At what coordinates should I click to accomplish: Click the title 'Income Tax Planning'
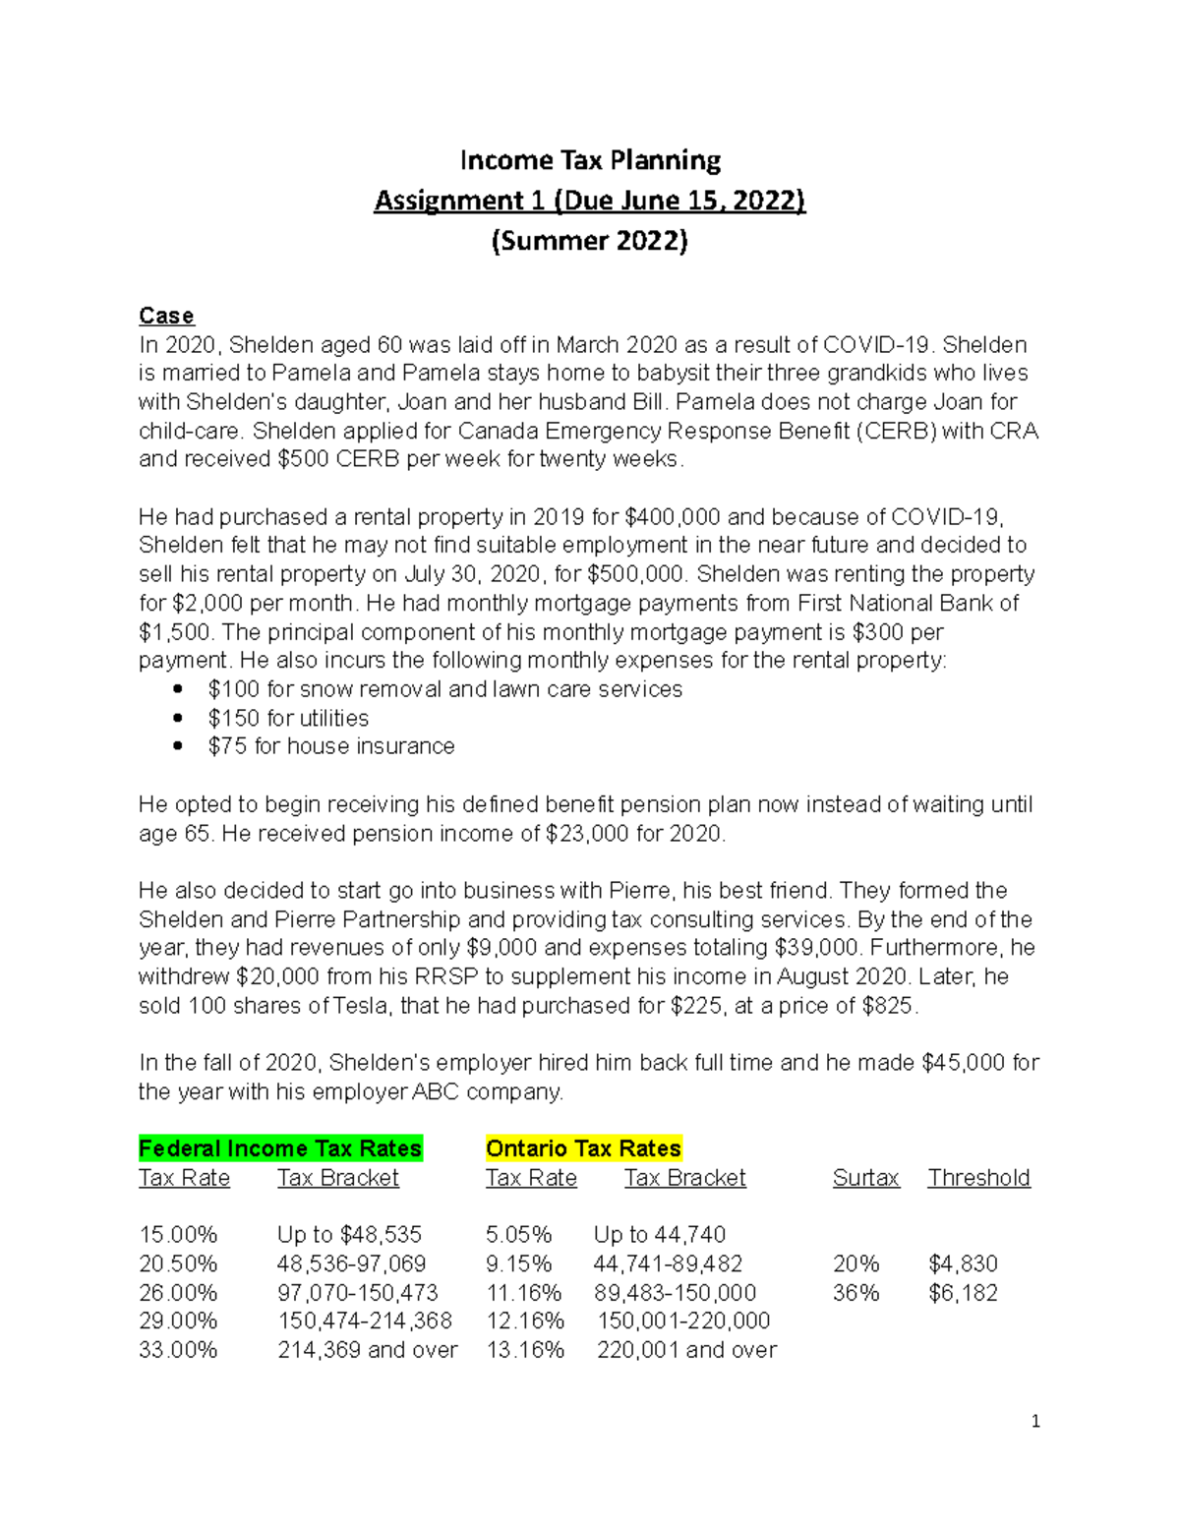point(590,160)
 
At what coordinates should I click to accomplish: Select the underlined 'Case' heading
point(166,316)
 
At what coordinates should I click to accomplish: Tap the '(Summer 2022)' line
point(590,241)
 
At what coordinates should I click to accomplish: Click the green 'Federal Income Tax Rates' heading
point(280,1148)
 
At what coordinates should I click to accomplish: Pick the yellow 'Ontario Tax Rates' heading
point(583,1148)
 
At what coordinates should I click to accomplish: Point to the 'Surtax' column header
point(865,1178)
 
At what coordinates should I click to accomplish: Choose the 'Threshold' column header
point(978,1178)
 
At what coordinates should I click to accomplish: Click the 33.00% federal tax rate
point(178,1350)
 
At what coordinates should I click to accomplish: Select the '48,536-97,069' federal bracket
point(351,1263)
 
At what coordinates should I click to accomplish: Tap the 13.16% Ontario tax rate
point(525,1350)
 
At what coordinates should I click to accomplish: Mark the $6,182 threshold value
point(963,1293)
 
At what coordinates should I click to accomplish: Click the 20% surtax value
point(855,1263)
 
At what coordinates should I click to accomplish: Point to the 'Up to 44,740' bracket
point(659,1235)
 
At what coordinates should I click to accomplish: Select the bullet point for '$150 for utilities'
point(178,718)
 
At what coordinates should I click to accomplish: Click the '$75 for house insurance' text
point(331,746)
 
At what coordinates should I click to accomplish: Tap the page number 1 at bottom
point(1035,1421)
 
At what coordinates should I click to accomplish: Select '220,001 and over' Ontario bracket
point(686,1350)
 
